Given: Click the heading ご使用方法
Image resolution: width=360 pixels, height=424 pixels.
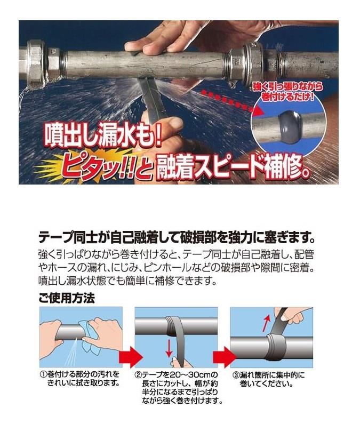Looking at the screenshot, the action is coord(67,298).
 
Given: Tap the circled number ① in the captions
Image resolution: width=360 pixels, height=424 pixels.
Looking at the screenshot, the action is coord(43,375).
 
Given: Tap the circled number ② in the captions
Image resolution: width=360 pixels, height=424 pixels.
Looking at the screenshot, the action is coord(138,375).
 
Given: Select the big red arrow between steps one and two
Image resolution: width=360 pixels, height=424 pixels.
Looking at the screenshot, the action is coord(131,357).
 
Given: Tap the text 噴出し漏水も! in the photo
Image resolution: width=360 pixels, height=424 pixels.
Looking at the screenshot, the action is coord(103,135).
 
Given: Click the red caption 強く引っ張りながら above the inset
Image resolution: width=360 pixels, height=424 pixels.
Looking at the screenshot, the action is coord(288,87).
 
